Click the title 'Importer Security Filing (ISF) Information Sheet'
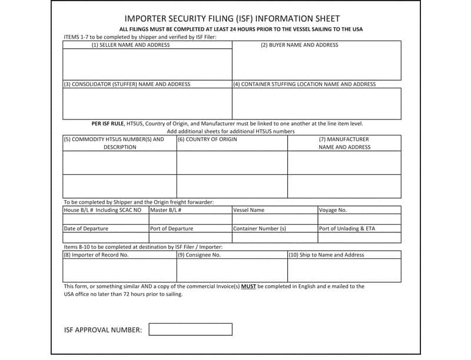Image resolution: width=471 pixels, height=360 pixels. [232, 19]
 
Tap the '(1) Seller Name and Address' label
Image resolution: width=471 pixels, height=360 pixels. [130, 45]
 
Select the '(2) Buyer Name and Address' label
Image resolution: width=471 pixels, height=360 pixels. [299, 45]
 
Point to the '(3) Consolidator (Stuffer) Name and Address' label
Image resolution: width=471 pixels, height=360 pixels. [127, 84]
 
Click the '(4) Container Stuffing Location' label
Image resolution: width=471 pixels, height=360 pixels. [304, 84]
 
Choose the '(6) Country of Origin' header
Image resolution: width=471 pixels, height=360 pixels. [208, 139]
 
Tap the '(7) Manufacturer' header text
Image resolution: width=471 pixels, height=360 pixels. [344, 139]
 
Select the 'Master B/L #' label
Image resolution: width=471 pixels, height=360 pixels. [165, 210]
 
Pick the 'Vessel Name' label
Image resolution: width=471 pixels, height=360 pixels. [249, 210]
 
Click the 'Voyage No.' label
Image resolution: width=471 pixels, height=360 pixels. [333, 210]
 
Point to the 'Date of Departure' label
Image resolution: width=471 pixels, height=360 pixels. [86, 229]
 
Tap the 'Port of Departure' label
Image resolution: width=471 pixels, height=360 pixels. [172, 229]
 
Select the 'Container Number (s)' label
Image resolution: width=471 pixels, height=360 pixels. [260, 229]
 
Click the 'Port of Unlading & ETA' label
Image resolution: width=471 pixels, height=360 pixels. [347, 229]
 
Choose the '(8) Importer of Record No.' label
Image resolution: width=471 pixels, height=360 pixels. [96, 255]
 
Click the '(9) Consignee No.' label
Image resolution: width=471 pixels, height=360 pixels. [200, 255]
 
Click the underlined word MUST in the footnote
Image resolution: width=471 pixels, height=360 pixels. [248, 286]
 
